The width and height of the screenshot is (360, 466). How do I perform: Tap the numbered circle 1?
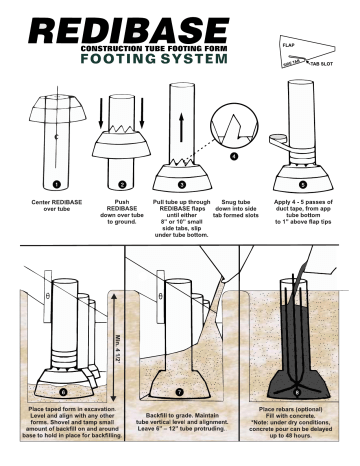point(58,184)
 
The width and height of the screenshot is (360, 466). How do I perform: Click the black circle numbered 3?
point(179,184)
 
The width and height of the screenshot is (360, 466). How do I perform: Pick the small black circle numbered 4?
point(234,156)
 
